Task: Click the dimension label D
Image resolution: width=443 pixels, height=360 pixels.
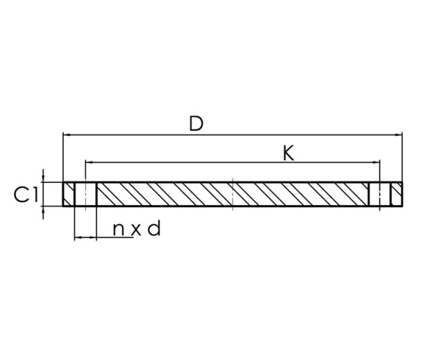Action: pyautogui.click(x=197, y=124)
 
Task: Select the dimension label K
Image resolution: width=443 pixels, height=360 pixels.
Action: pyautogui.click(x=289, y=153)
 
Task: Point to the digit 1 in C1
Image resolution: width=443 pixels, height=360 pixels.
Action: pyautogui.click(x=34, y=195)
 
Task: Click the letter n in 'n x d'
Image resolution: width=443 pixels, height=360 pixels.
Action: pyautogui.click(x=120, y=229)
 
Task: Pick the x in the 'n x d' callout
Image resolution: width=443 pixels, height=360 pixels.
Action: pyautogui.click(x=136, y=230)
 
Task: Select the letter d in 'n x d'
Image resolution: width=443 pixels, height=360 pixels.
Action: pyautogui.click(x=154, y=228)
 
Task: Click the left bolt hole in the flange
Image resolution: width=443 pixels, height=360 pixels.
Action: pyautogui.click(x=85, y=194)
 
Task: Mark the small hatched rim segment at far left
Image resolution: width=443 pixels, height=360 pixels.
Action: pyautogui.click(x=69, y=194)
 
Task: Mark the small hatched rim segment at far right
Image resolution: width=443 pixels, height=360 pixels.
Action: pyautogui.click(x=396, y=194)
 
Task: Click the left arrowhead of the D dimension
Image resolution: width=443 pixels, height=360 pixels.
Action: pyautogui.click(x=66, y=134)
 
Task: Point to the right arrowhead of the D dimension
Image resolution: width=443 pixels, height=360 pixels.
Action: pyautogui.click(x=399, y=134)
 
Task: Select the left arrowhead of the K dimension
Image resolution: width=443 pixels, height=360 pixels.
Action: pyautogui.click(x=88, y=162)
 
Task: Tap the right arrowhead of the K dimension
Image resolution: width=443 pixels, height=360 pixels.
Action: pyautogui.click(x=377, y=162)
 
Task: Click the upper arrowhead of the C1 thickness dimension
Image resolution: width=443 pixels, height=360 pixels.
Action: pyautogui.click(x=43, y=178)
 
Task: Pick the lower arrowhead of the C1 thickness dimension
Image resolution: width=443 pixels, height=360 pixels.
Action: pyautogui.click(x=43, y=210)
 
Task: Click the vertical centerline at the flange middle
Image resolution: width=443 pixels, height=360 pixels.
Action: pyautogui.click(x=233, y=194)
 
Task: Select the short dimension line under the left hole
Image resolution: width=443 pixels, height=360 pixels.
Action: pyautogui.click(x=85, y=237)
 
